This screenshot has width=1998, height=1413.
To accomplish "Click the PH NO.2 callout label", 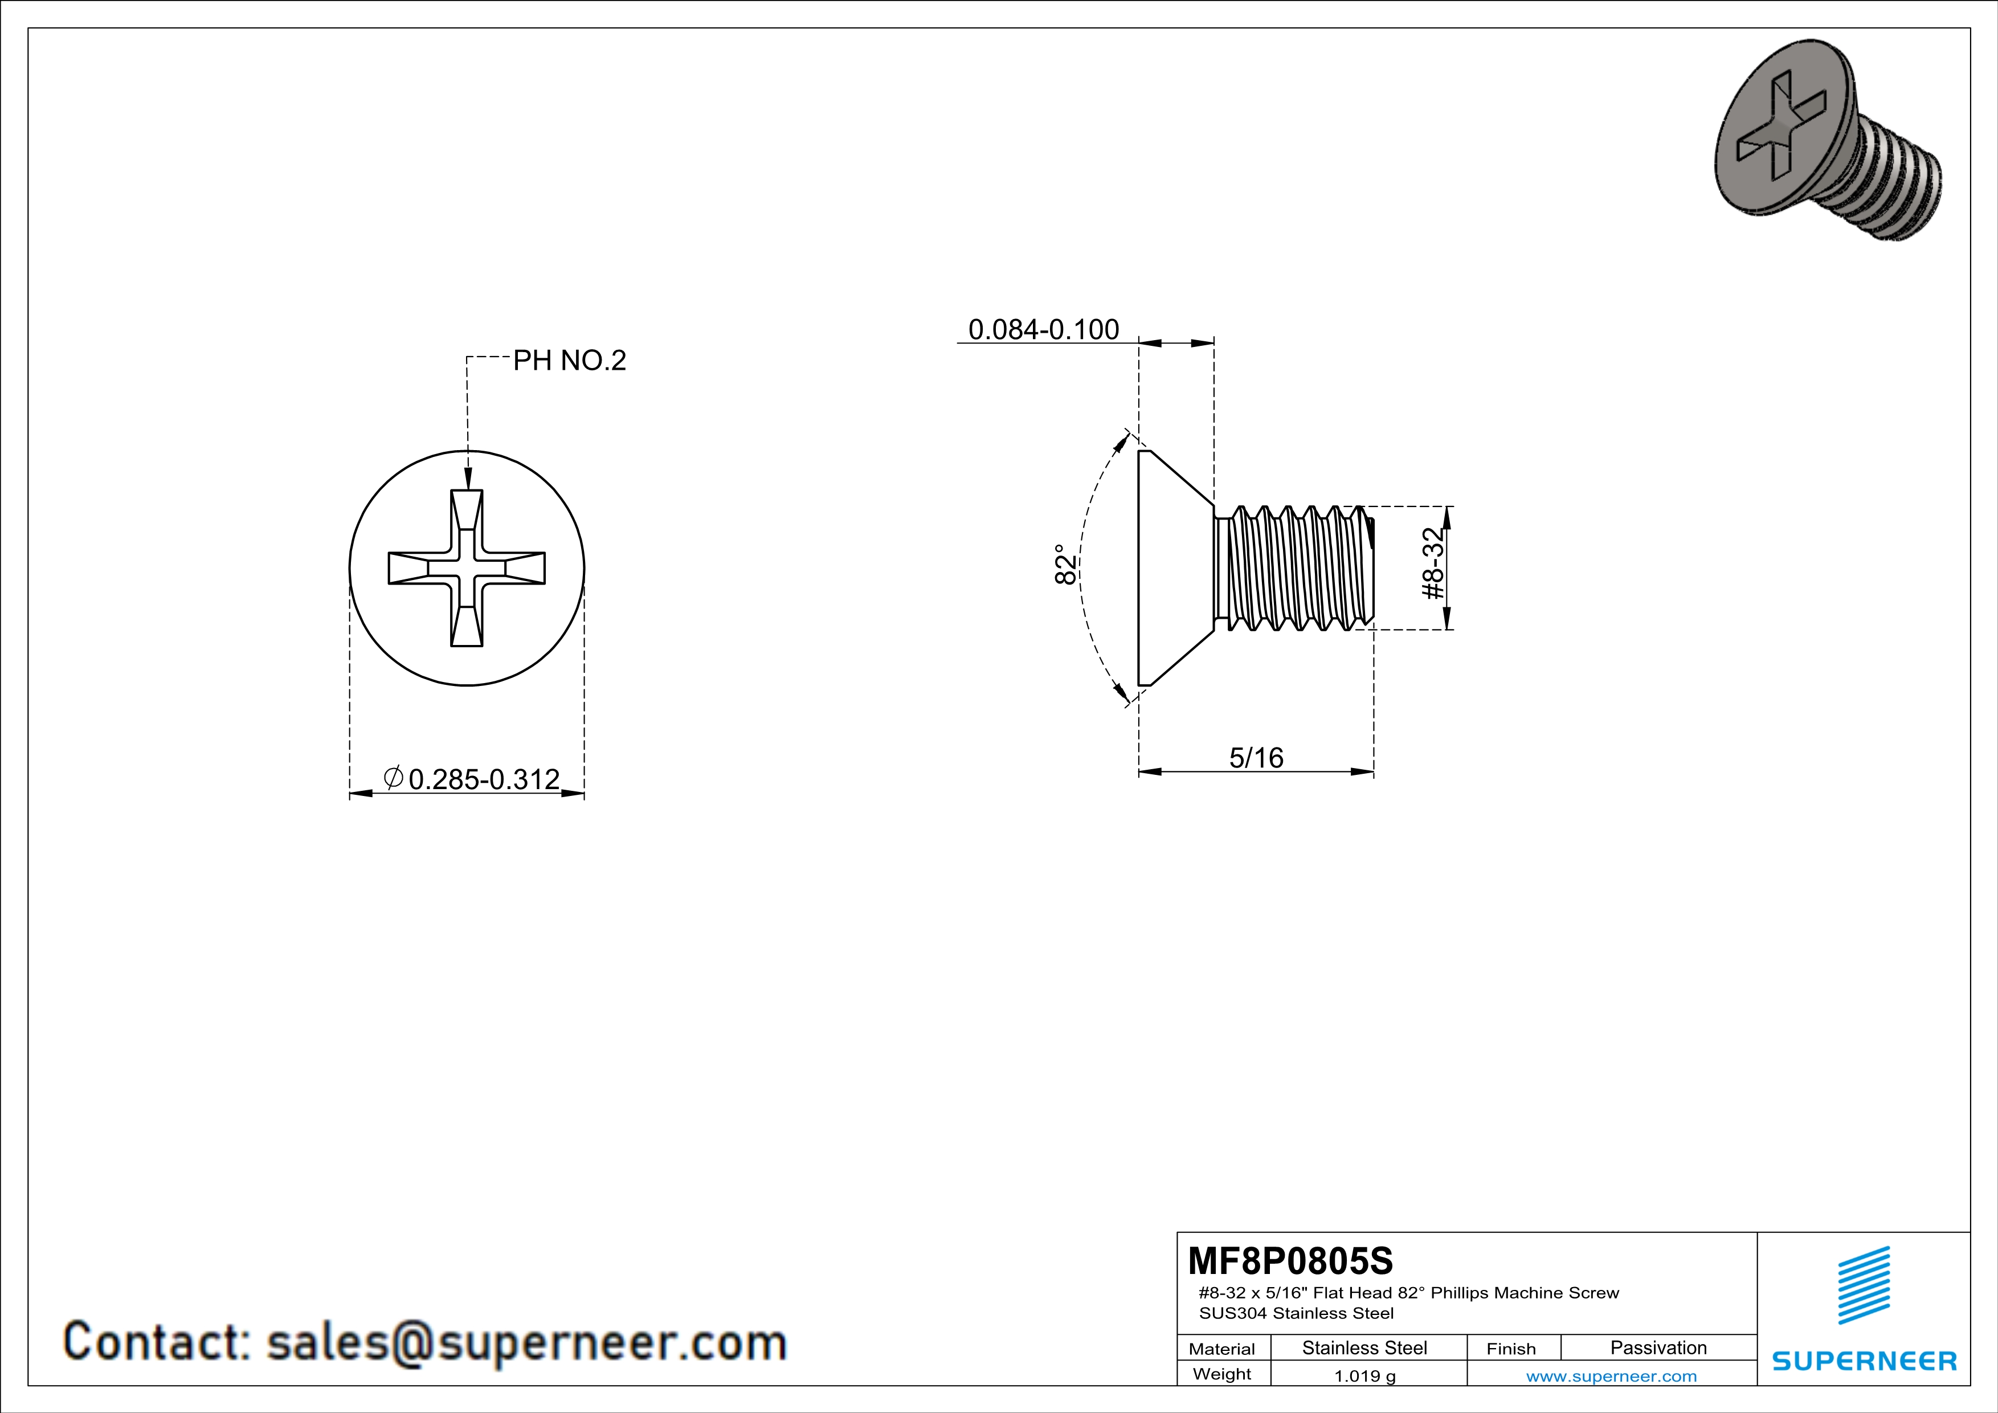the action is click(569, 360).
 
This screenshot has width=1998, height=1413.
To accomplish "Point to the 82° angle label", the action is click(1064, 565).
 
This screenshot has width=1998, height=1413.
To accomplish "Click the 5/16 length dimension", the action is click(1256, 758).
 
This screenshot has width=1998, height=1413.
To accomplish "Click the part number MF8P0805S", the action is click(1290, 1261).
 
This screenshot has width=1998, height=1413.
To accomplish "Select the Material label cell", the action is click(1222, 1349).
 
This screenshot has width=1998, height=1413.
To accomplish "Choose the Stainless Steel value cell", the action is click(1364, 1347).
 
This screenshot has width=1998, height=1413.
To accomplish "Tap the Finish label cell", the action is click(1511, 1349).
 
